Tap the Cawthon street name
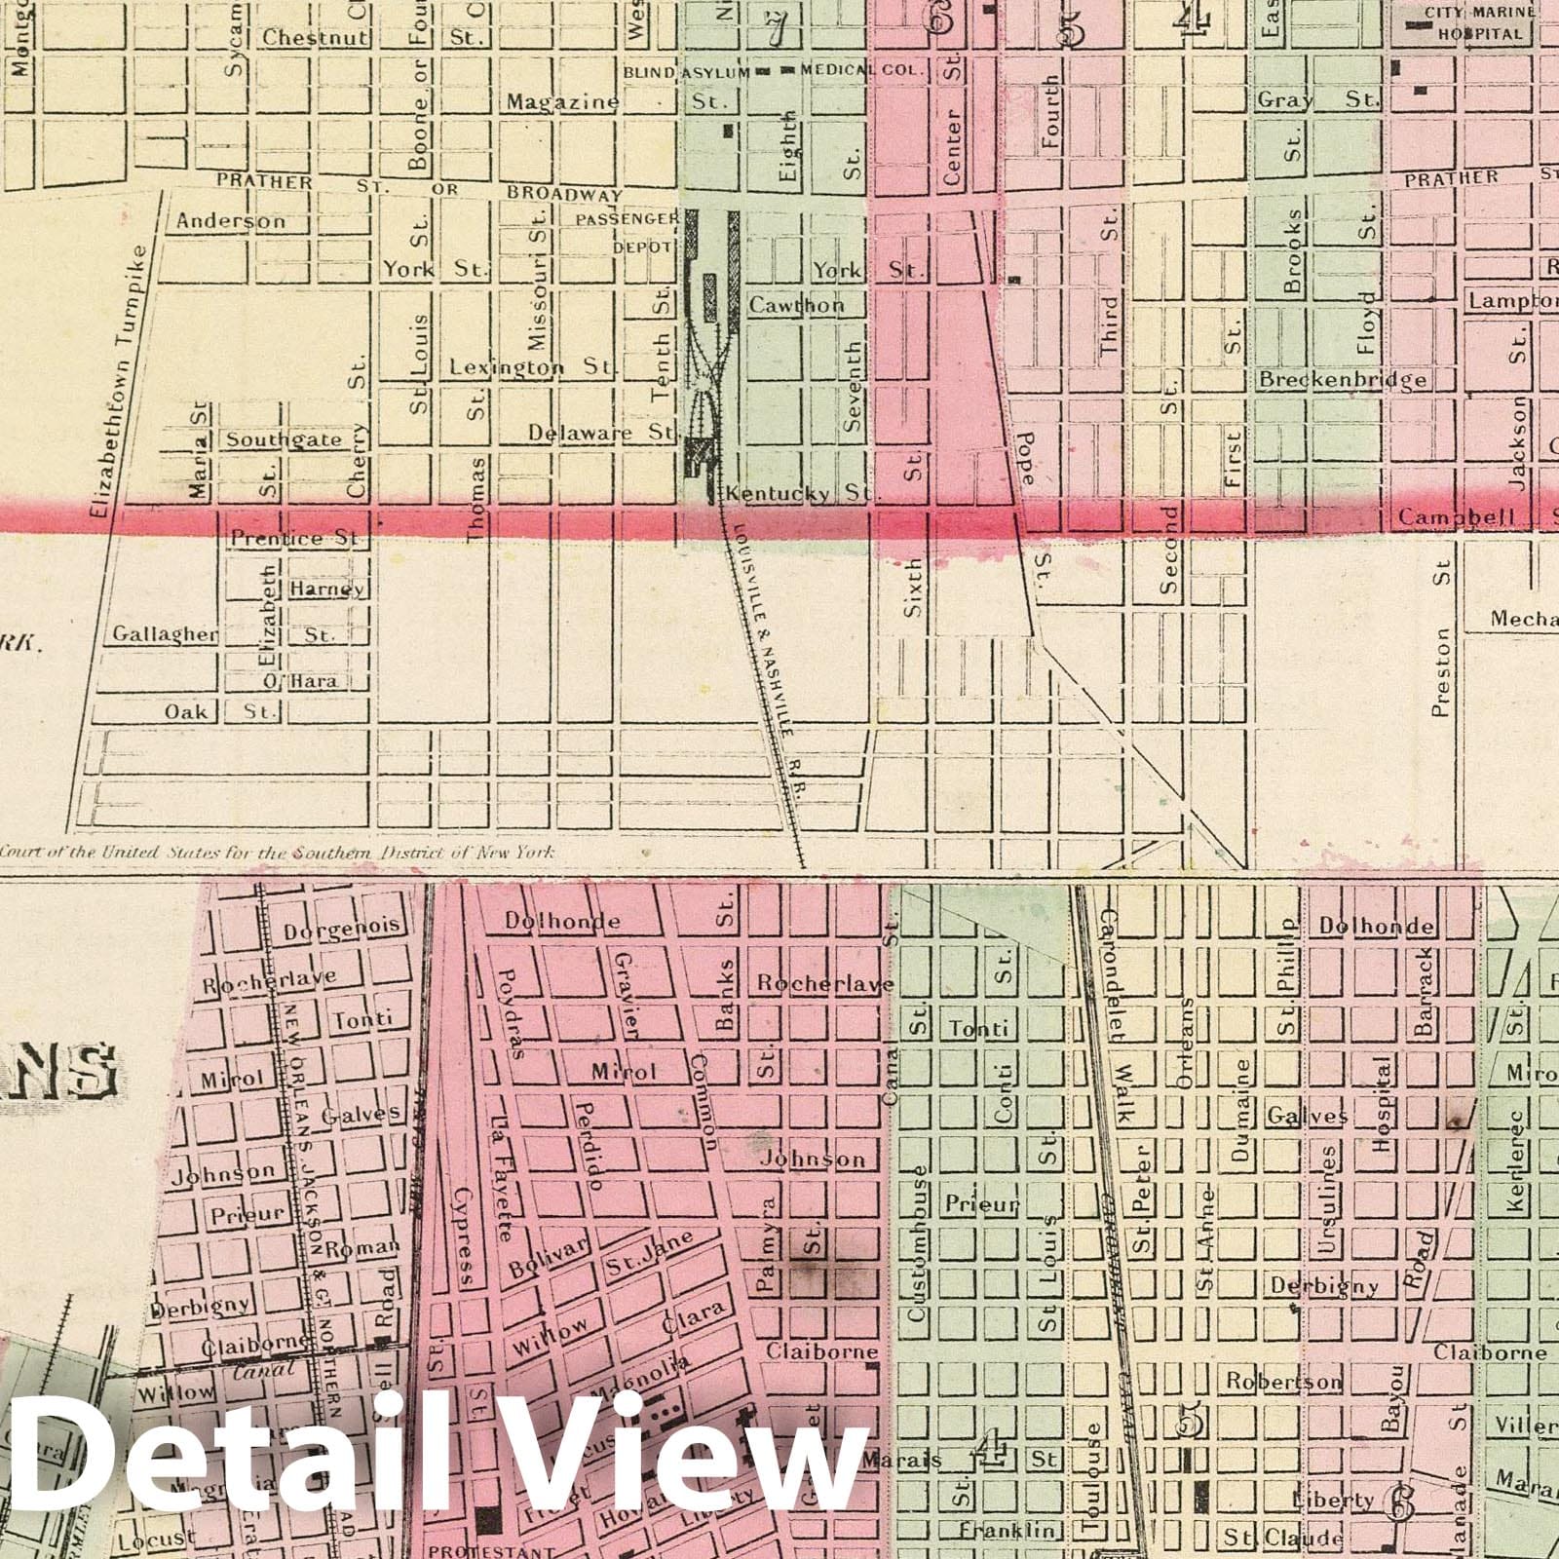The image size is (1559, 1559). click(796, 305)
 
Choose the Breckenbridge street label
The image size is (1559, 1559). click(1343, 379)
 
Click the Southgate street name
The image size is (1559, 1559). click(285, 439)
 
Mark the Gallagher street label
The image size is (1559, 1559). click(165, 634)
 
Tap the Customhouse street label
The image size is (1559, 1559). click(917, 1243)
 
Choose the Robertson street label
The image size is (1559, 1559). click(1283, 1381)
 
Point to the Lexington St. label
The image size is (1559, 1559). click(530, 367)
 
